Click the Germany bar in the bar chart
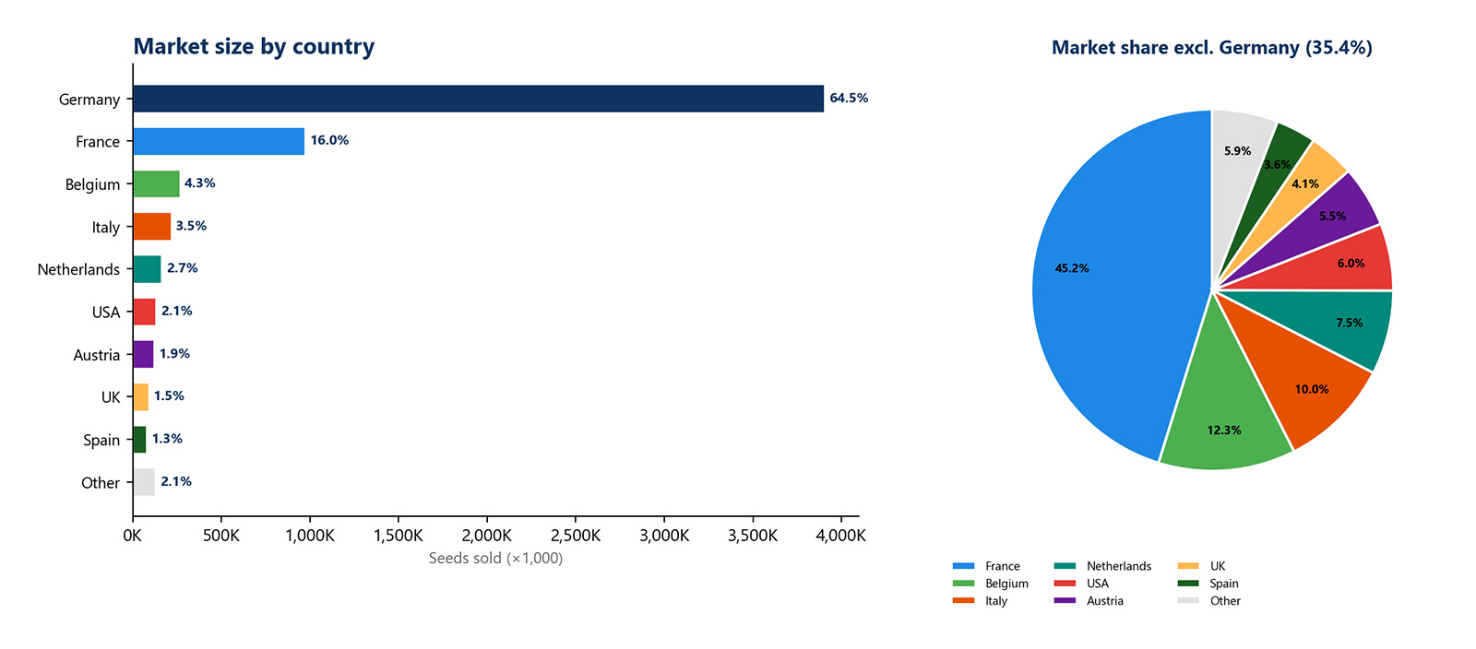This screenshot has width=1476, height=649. click(x=478, y=99)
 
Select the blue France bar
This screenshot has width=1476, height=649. click(x=219, y=141)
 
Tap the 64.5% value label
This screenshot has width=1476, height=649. click(x=848, y=98)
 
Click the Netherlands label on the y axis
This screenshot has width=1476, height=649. click(x=78, y=269)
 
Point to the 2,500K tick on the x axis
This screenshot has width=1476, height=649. click(x=576, y=536)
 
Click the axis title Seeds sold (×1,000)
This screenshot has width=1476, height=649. click(x=495, y=558)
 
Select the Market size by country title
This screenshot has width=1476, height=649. click(x=254, y=46)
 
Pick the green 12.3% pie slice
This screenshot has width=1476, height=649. click(x=1222, y=406)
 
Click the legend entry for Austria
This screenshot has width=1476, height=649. click(x=1104, y=601)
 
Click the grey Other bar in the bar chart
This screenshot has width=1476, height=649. click(x=143, y=482)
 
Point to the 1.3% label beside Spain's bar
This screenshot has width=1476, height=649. click(x=167, y=439)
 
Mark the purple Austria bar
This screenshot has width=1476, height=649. click(x=143, y=354)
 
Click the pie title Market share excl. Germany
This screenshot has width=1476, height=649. click(x=1211, y=47)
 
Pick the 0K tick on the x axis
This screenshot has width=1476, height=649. click(x=132, y=536)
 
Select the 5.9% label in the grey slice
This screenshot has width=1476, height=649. click(x=1237, y=151)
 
